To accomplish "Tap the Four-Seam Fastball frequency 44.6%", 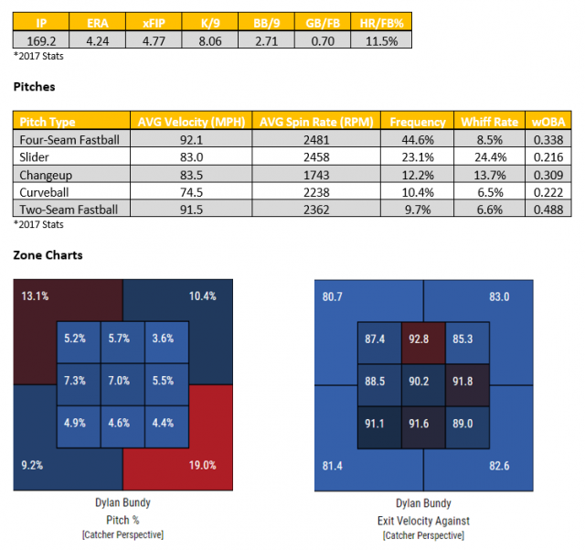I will [417, 139].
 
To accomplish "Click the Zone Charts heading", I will [47, 255].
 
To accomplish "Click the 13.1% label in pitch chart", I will [35, 297].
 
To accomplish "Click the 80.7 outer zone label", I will [333, 297].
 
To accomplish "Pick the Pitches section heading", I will [34, 87].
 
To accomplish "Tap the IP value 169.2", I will [41, 39].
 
